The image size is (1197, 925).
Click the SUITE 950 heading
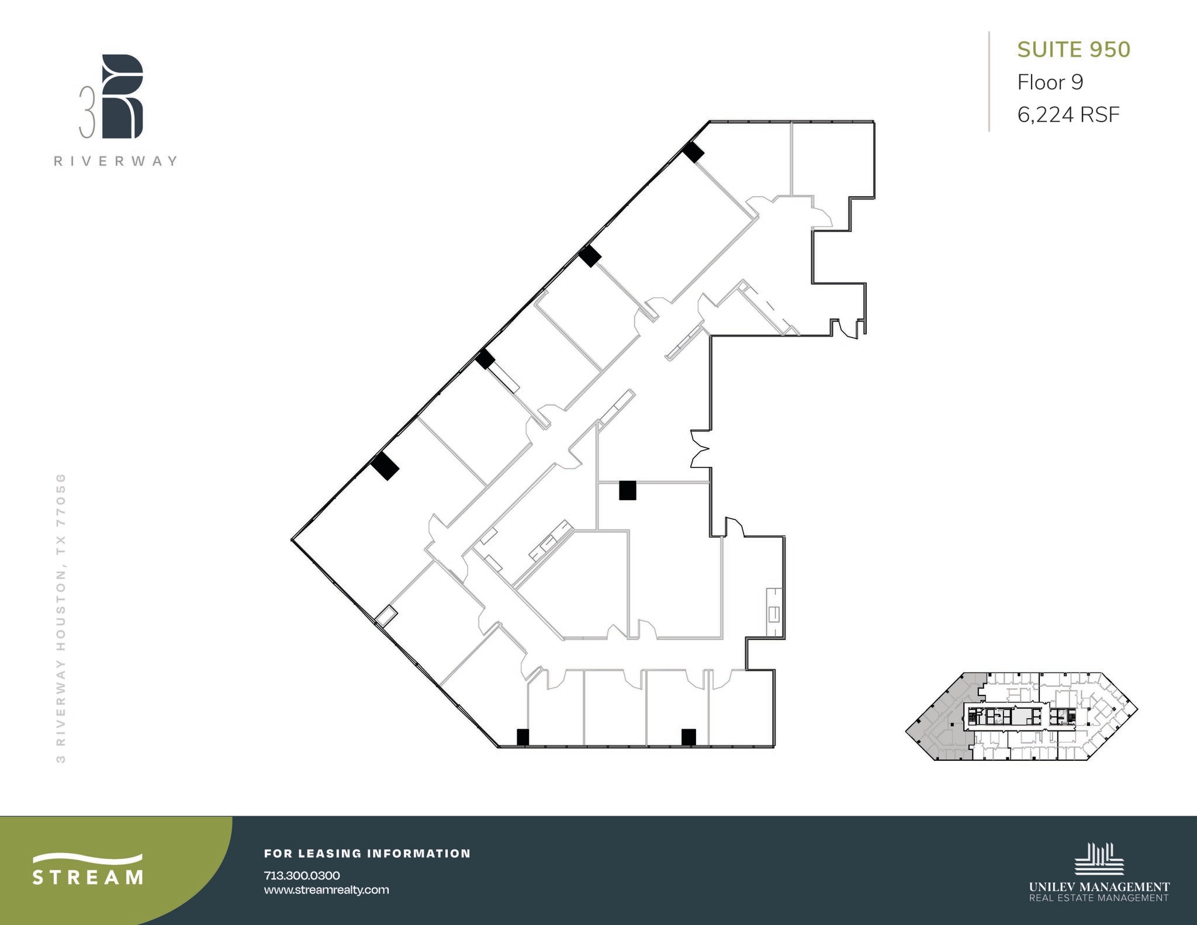click(1074, 50)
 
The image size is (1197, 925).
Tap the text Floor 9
click(1050, 82)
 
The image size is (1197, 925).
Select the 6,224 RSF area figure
click(1068, 115)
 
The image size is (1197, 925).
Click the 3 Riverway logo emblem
click(122, 97)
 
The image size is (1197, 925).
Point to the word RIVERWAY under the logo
click(116, 161)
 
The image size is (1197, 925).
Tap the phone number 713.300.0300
click(302, 875)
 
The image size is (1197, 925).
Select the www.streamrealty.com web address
click(326, 890)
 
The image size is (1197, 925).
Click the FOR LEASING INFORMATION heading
click(367, 854)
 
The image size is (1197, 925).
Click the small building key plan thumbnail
click(1022, 716)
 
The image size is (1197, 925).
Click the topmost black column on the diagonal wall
click(693, 153)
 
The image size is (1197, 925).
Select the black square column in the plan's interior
click(628, 490)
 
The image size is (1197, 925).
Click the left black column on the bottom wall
click(523, 737)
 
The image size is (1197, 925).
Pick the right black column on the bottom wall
click(689, 737)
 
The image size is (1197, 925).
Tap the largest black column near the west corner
click(385, 466)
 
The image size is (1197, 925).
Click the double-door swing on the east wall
click(700, 449)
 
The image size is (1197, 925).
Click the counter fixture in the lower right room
click(774, 613)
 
